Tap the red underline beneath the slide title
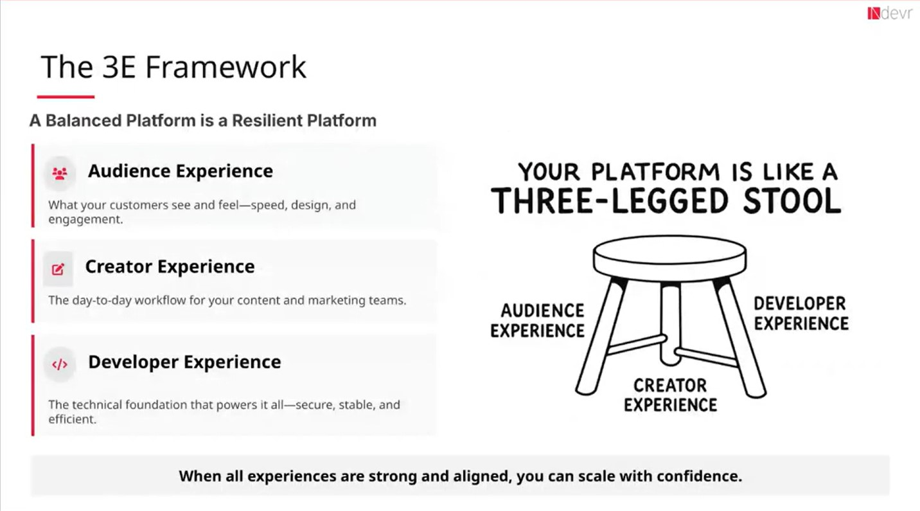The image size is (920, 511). [66, 97]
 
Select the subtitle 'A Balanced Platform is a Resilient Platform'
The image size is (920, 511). [202, 121]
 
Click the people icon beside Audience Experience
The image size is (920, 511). [60, 173]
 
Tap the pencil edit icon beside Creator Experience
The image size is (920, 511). [58, 269]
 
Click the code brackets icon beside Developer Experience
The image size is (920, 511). [60, 364]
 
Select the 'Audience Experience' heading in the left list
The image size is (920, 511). [181, 171]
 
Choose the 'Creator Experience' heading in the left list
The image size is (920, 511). [170, 267]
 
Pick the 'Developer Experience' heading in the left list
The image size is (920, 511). [184, 362]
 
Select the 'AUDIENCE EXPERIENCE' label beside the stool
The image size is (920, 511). [538, 321]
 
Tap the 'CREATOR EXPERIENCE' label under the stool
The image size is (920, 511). [670, 395]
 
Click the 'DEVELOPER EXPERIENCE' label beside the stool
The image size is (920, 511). [801, 313]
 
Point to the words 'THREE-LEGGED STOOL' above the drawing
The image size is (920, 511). [666, 201]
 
